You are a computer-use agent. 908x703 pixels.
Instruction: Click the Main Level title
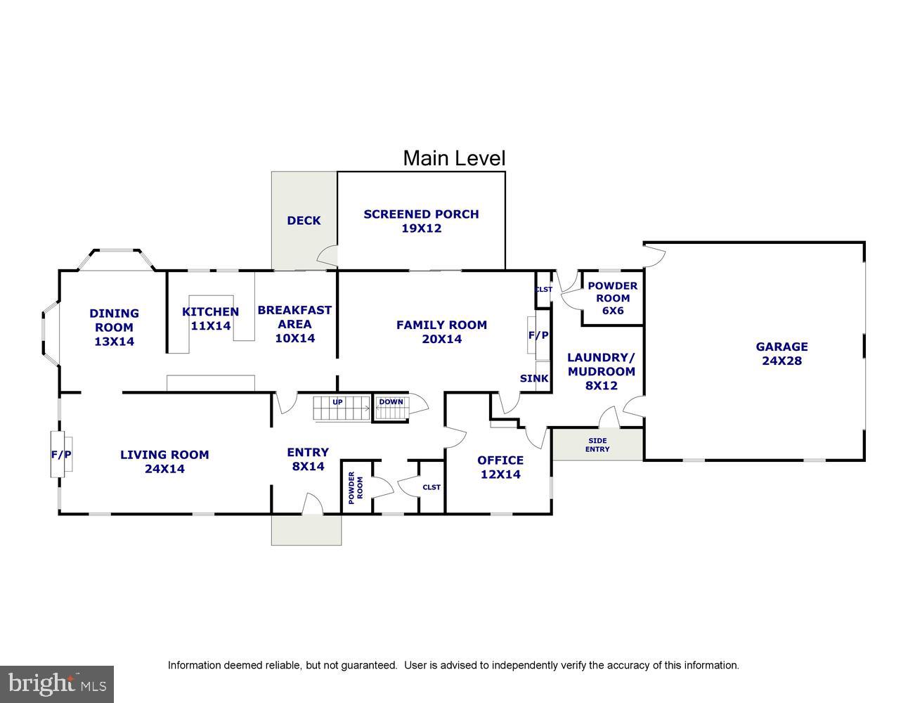(x=453, y=158)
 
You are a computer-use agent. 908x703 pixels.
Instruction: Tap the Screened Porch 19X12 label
(x=421, y=221)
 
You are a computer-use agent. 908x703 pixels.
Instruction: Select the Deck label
(x=304, y=221)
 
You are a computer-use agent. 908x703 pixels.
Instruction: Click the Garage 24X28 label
(x=781, y=354)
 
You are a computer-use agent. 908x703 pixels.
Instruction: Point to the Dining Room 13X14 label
(x=114, y=328)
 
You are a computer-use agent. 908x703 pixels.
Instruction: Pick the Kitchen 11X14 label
(x=210, y=318)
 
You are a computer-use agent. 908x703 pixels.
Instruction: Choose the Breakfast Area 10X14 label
(x=294, y=324)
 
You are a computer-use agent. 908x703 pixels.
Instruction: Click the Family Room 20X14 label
(x=441, y=332)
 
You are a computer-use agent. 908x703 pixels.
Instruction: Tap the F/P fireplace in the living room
(x=61, y=455)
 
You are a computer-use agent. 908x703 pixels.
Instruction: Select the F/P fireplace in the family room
(x=538, y=336)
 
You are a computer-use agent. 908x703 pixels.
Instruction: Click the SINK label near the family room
(x=534, y=378)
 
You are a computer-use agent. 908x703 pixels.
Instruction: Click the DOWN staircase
(x=391, y=408)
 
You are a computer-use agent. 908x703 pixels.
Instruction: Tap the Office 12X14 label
(x=500, y=467)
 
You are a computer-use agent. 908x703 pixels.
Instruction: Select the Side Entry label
(x=597, y=445)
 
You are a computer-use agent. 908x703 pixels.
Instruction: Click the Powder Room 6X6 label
(x=612, y=297)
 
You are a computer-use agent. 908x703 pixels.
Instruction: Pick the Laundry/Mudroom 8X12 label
(x=601, y=371)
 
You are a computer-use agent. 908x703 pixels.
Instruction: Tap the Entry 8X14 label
(x=307, y=459)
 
